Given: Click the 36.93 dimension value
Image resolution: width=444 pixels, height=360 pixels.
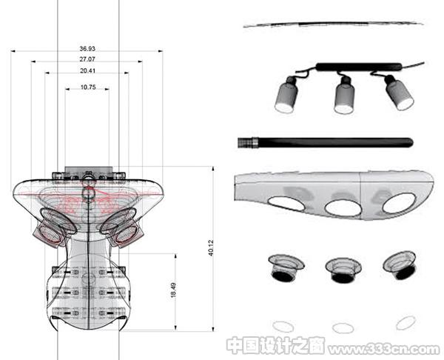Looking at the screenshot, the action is coord(87,49).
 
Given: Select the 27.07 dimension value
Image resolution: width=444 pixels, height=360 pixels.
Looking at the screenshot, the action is coord(87,59).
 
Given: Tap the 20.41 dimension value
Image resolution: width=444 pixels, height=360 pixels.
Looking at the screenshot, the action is coord(87,70).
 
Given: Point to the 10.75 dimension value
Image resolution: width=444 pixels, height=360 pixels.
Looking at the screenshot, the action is coord(88,87).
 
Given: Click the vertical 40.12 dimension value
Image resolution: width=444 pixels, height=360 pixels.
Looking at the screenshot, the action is coord(210,248).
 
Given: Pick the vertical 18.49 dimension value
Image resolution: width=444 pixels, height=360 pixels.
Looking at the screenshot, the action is coord(173,290).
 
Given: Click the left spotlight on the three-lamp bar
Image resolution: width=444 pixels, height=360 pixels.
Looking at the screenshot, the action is coord(286,94).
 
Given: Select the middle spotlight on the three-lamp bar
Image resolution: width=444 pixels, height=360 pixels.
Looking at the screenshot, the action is coord(345,95).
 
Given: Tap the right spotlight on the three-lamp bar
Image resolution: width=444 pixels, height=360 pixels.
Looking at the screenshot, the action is coord(399,93).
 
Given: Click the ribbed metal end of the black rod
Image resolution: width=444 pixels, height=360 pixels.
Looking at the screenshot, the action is coord(248,142).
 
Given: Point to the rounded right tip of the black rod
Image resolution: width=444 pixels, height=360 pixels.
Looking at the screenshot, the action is coord(410,142).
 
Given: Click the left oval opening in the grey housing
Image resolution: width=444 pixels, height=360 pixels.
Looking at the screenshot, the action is coord(286,204).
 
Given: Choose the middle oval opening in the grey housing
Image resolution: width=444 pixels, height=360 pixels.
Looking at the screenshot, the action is coord(343,207).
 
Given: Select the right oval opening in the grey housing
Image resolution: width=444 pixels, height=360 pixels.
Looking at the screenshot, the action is coord(400,203).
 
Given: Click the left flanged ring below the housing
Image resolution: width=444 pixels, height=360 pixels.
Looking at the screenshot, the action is coord(286,267).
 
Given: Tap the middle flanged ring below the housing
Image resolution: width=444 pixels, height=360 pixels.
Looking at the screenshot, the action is coord(343,270).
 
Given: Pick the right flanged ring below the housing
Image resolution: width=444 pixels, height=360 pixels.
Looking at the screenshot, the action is coord(400,264).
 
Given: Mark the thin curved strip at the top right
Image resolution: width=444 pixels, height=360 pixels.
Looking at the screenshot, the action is coord(334,24).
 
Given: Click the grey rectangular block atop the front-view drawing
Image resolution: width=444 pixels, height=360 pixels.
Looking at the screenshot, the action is coord(87,170).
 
